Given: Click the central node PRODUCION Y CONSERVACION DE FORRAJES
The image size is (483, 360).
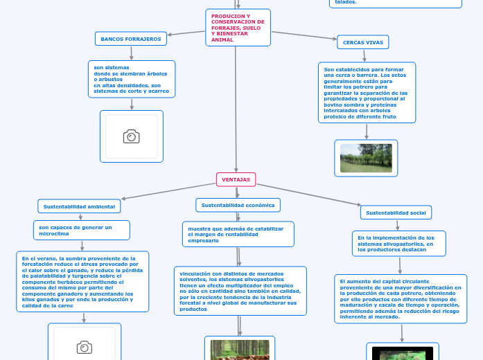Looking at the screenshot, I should coord(238,28).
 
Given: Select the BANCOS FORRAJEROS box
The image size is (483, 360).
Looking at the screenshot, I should coord(131,39).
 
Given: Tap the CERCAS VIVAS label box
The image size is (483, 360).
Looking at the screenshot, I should coord(362,42).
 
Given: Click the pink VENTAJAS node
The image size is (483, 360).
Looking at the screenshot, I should coord(236,180).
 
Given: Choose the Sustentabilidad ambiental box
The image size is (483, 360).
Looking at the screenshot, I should coord(80,206).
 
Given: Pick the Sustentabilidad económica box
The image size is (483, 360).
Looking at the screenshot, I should coord(238,205).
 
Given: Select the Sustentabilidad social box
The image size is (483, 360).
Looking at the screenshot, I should coord(396,213).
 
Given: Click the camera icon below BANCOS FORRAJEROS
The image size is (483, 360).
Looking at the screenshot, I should coord(131,136).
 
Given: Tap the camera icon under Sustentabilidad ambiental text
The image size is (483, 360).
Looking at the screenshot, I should coord(85,347).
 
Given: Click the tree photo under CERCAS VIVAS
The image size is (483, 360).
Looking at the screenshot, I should coord(366,158).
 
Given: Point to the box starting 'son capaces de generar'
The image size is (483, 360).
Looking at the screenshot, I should coord(81,230).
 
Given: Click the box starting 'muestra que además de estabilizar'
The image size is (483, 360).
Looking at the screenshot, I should coord(238,234).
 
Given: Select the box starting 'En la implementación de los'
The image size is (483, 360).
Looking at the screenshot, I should coord(398,243).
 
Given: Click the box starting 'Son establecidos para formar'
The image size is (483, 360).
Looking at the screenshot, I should coord(367,93).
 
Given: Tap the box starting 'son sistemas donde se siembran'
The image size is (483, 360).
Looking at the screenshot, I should coord(132,79).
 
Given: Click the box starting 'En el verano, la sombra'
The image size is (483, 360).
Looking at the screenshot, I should coord(82,281).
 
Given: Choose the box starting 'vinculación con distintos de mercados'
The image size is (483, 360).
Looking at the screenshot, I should coord(240,291).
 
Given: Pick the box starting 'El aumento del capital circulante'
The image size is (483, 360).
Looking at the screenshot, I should coord(400,298).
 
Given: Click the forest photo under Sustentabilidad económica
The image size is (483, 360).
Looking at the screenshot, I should coord(240,350).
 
